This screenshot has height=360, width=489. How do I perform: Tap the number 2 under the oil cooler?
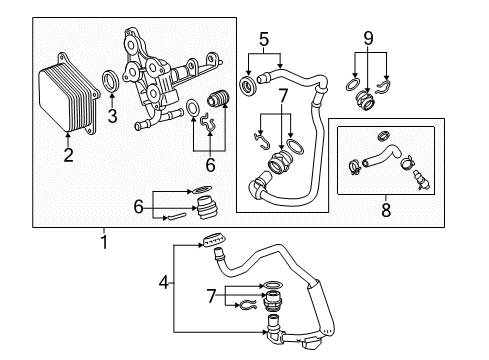68,156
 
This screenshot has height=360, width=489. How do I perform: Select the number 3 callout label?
112,117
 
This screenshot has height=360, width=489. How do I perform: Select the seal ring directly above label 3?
113,81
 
